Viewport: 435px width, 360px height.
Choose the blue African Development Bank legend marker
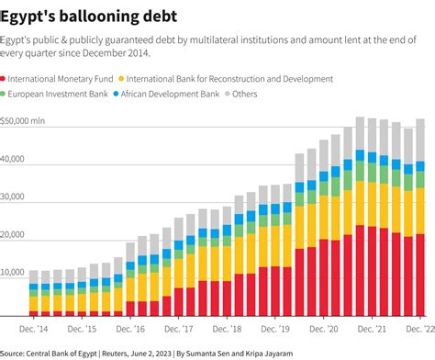click(x=115, y=94)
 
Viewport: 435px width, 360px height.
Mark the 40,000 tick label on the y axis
click(x=15, y=159)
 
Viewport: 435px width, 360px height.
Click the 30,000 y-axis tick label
click(x=15, y=197)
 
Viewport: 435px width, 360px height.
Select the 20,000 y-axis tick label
click(x=15, y=236)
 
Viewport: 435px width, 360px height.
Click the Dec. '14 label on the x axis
click(x=35, y=329)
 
